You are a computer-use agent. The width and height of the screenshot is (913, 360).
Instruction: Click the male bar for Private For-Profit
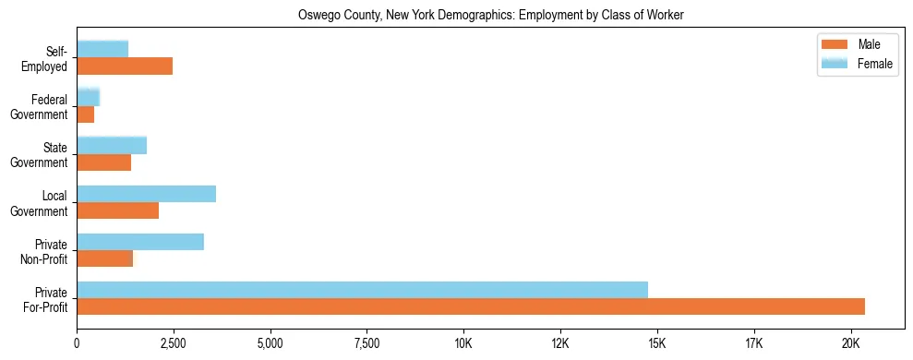click(471, 306)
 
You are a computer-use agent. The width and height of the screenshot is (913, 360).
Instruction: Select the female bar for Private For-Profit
click(362, 290)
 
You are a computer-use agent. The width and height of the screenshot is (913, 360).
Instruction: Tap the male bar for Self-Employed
click(125, 66)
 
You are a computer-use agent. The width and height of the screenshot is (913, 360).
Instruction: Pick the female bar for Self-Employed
click(102, 49)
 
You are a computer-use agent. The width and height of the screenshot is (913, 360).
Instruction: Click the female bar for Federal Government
click(88, 97)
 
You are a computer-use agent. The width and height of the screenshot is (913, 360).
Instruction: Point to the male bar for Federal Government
click(85, 114)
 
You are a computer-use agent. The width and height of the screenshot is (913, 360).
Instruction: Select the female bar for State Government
click(112, 145)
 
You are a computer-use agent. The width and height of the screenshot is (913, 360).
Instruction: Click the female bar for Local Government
click(146, 193)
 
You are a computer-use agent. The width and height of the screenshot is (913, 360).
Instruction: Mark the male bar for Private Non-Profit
click(104, 258)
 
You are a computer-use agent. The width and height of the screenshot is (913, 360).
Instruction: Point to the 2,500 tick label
click(174, 344)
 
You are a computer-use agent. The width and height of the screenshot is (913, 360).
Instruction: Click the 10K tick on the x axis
click(463, 344)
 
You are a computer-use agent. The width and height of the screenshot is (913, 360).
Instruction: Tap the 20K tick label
click(850, 344)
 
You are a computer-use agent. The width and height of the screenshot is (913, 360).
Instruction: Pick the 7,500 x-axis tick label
click(366, 344)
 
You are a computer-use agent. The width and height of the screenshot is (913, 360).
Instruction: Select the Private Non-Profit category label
click(47, 251)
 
